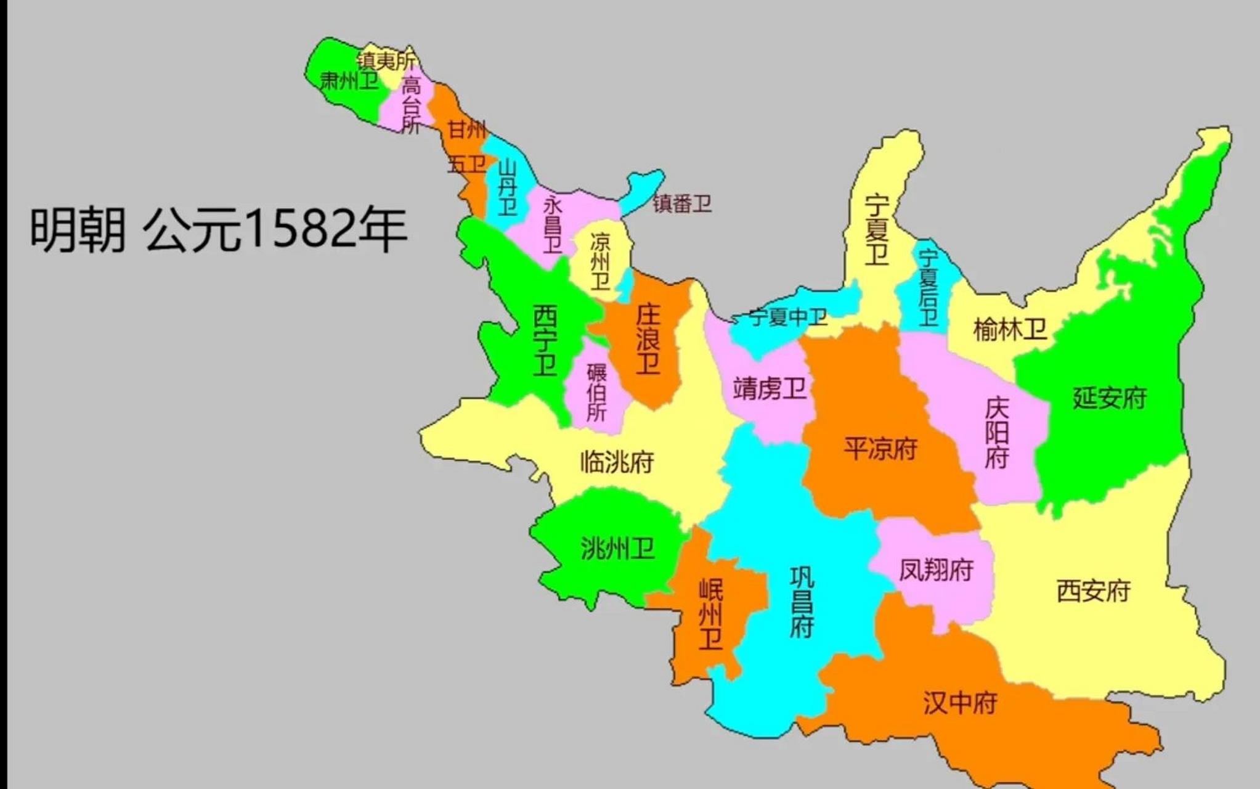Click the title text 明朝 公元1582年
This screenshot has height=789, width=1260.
click(218, 229)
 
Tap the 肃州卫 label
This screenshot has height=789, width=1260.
click(349, 81)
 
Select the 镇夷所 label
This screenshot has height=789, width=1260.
click(386, 60)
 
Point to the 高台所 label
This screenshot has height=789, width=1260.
click(411, 105)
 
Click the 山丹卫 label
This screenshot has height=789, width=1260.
click(507, 187)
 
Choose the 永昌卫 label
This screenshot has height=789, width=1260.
click(553, 226)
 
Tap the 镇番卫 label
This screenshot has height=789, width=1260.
click(682, 203)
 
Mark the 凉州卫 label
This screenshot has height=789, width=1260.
click(600, 261)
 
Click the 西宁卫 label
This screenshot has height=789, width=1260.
click(545, 340)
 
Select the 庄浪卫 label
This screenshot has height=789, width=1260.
click(648, 338)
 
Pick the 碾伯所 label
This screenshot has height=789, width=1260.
click(596, 393)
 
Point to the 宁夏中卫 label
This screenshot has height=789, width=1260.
click(788, 317)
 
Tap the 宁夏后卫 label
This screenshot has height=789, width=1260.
click(928, 287)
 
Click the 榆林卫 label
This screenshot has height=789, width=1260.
click(1010, 330)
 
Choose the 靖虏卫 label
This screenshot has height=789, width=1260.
click(770, 389)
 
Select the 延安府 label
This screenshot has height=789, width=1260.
click(1110, 398)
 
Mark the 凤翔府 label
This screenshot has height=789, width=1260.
click(936, 570)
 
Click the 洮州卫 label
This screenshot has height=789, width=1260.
click(617, 548)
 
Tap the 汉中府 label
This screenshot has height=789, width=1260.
click(960, 703)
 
